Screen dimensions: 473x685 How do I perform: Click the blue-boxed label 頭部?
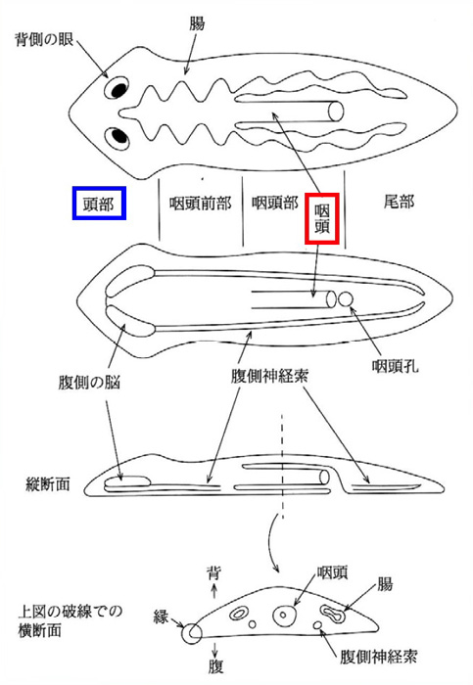99,204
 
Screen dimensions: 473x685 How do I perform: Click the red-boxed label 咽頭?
322,218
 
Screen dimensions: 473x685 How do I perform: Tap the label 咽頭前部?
200,204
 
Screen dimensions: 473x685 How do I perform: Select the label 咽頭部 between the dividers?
275,203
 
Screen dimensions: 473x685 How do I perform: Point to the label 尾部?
399,202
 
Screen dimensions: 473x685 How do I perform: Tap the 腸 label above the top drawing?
197,23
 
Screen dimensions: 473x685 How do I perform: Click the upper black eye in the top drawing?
118,89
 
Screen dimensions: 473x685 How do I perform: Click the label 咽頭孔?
396,366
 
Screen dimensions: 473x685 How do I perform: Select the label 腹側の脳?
89,383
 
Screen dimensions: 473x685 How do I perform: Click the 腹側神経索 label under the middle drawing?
269,376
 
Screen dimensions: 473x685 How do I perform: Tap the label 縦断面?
48,484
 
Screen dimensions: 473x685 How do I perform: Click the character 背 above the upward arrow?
213,572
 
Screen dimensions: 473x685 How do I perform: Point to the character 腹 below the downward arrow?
215,666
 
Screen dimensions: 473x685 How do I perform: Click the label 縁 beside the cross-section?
161,616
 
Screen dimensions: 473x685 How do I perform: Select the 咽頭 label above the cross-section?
332,571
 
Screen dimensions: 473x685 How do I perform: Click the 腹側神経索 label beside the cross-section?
379,657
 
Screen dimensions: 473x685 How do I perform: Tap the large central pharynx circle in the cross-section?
284,616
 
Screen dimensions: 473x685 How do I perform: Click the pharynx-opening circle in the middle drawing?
345,299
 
